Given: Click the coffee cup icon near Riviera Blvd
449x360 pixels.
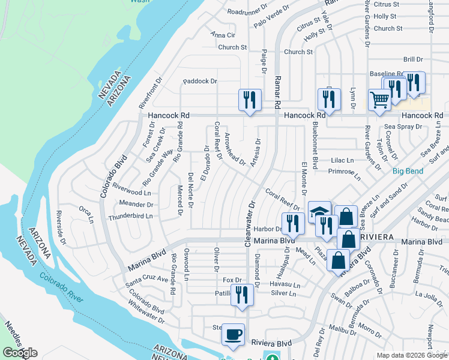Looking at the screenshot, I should pos(233,335).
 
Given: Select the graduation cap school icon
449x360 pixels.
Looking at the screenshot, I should pos(319,211).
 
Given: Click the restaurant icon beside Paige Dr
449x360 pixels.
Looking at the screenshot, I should pos(249,100).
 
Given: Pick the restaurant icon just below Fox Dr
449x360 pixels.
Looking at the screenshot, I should pos(241,296).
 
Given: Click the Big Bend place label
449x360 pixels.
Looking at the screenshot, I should pos(408,171).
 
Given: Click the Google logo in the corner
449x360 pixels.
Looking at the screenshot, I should pos(20,353).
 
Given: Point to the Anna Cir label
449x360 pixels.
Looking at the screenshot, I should pos(223,35).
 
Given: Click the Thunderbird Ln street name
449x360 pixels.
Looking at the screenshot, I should pos(130,216).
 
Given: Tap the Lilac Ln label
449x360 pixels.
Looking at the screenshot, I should pos(342,160).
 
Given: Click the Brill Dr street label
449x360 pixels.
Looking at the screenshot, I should pos(413,59).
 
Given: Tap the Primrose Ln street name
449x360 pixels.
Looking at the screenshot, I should pos(345,174).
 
